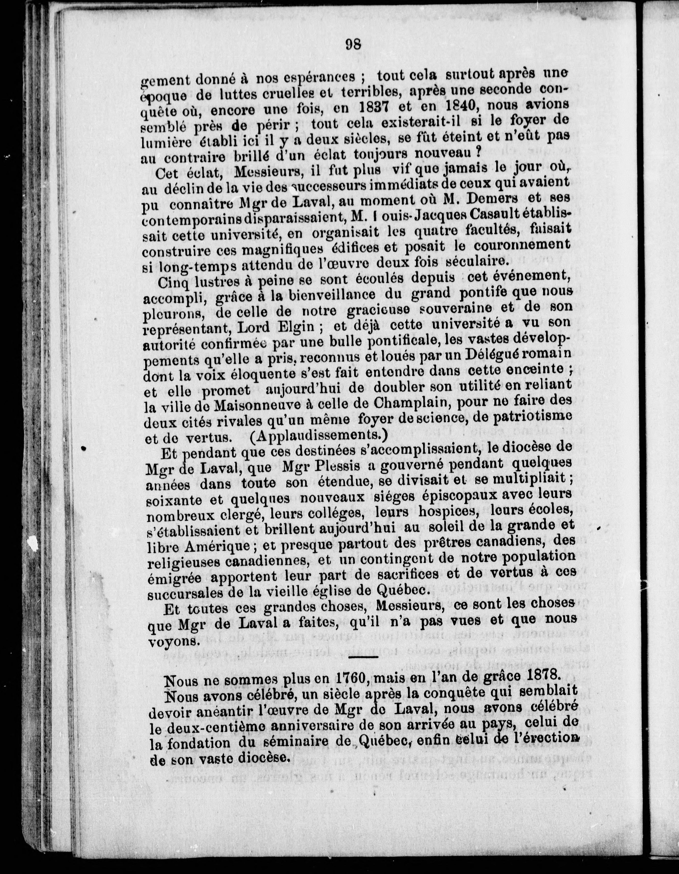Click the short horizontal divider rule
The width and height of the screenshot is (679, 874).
(363, 657)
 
